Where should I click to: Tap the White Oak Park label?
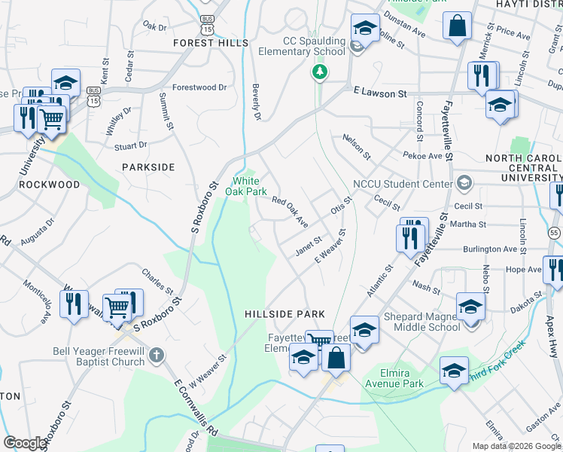pos(246,186)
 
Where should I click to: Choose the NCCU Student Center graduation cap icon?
pos(464,183)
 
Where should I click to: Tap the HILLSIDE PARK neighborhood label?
pos(285,313)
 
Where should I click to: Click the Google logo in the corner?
pos(25,443)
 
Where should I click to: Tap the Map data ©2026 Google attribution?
pos(516,446)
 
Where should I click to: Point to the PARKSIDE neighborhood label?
pos(149,166)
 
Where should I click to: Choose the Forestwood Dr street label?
pos(199,87)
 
